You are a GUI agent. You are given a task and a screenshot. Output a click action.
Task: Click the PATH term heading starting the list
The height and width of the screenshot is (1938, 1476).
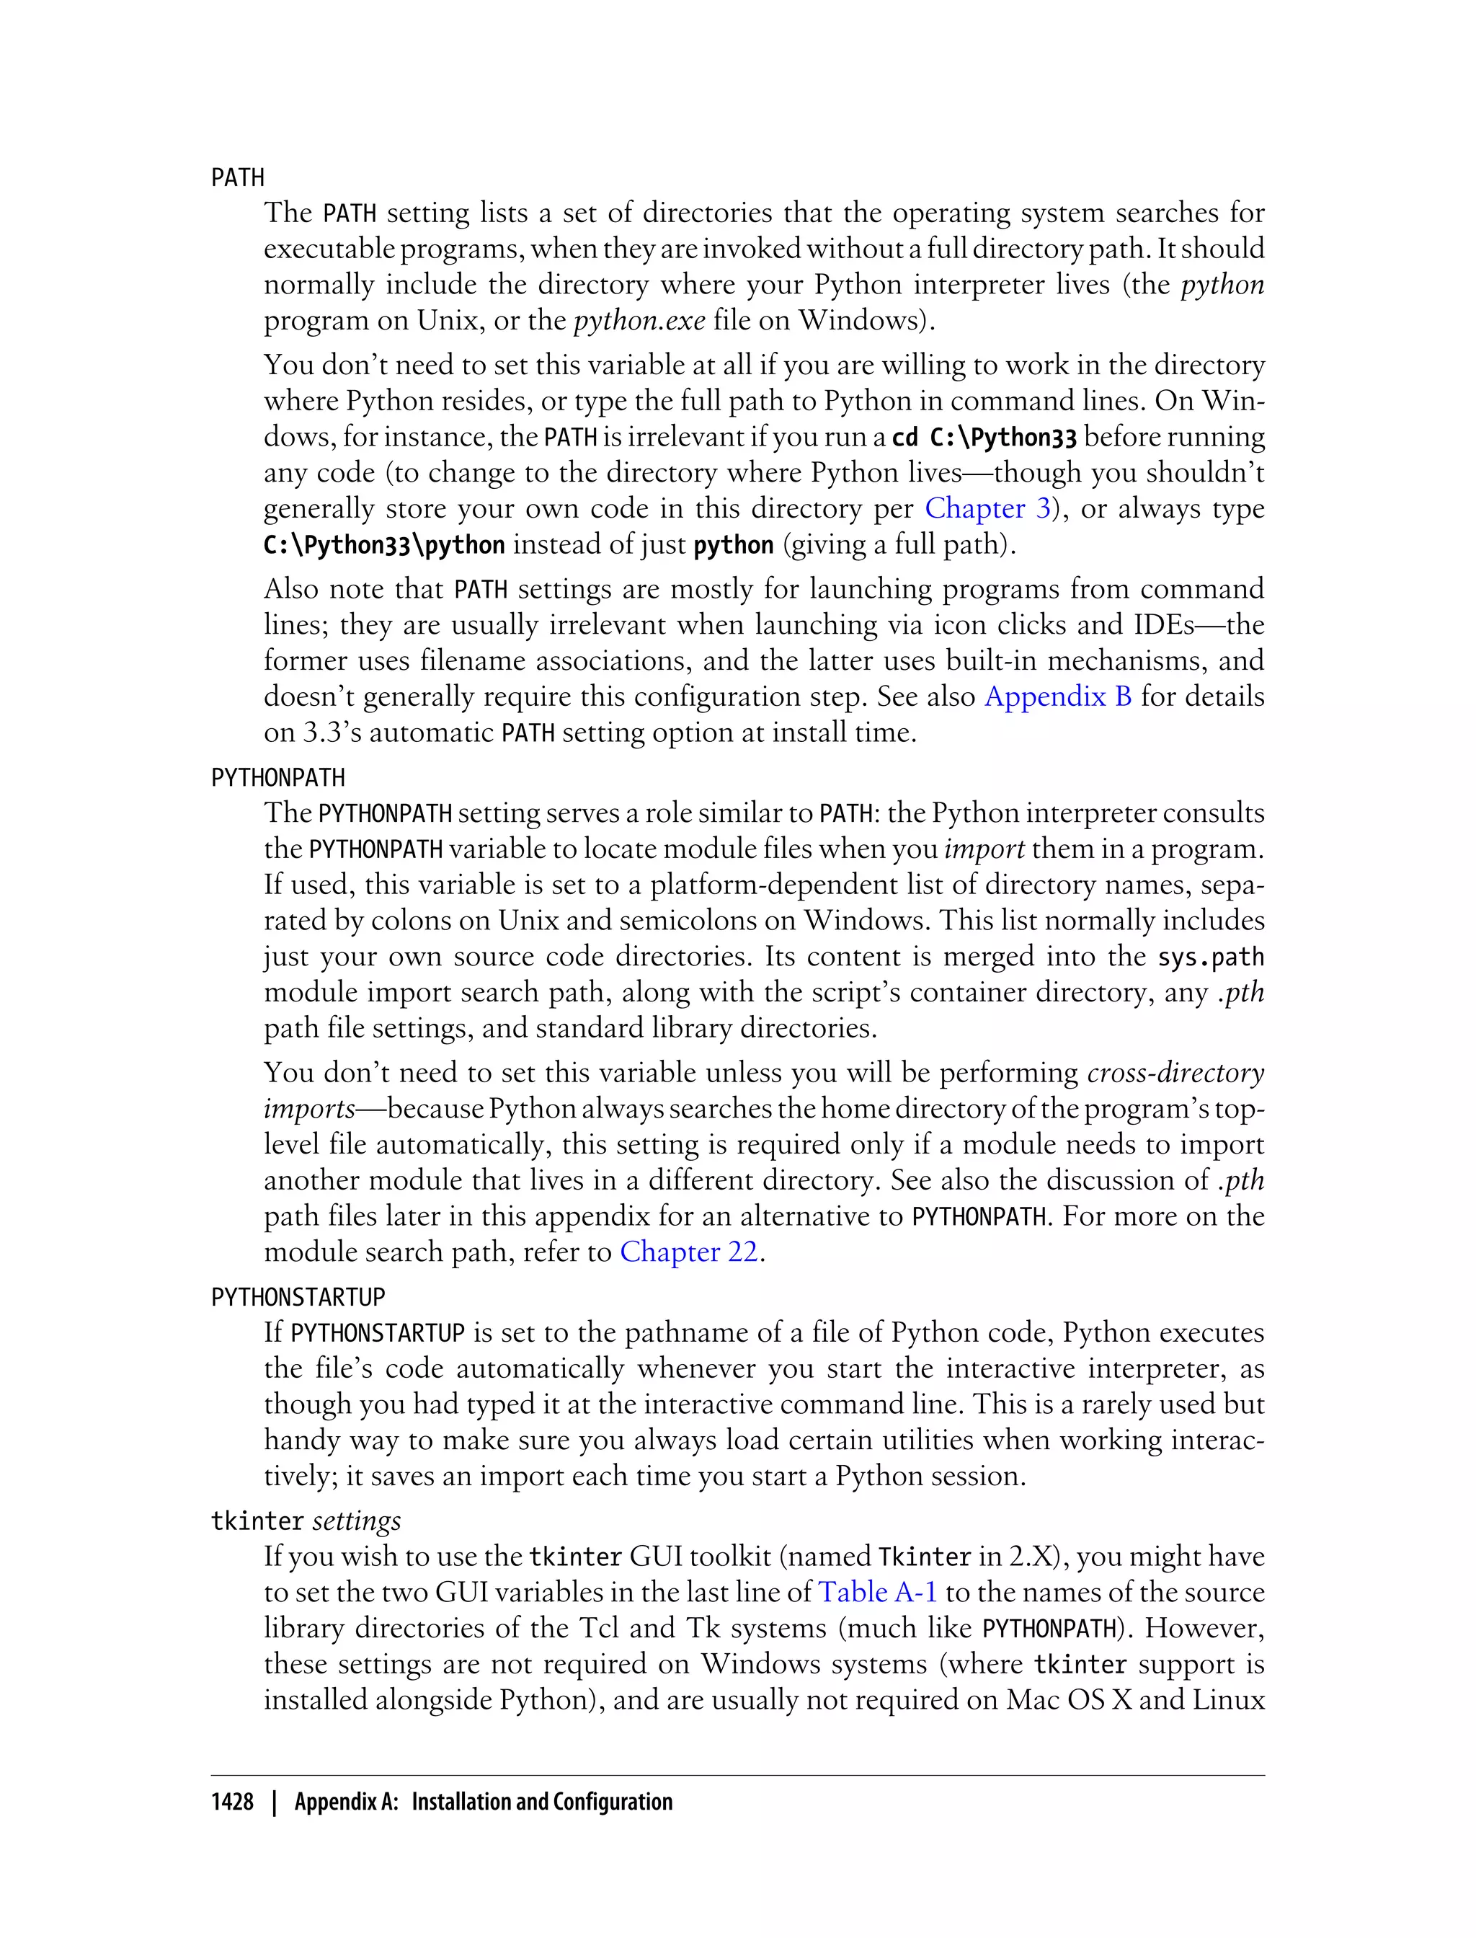click(x=237, y=177)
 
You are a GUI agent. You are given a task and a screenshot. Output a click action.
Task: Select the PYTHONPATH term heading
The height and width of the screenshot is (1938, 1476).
click(x=277, y=778)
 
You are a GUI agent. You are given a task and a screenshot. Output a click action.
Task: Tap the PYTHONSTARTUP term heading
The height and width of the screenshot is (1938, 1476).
click(x=298, y=1297)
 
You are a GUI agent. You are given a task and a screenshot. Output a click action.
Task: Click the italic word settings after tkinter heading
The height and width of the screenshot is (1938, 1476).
click(x=357, y=1521)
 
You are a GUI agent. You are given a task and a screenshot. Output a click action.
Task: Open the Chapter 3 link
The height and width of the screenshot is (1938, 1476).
click(x=987, y=509)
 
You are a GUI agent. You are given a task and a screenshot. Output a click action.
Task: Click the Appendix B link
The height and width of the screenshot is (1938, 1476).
click(x=1058, y=697)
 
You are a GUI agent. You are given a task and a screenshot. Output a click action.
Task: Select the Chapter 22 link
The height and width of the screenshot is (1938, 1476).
click(x=689, y=1252)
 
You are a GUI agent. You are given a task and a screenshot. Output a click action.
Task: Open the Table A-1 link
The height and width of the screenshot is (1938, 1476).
click(x=878, y=1593)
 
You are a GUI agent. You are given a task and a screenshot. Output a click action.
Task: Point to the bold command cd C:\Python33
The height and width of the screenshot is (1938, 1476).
click(x=984, y=437)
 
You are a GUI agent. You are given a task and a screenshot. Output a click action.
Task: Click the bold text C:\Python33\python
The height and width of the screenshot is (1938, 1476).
click(x=384, y=545)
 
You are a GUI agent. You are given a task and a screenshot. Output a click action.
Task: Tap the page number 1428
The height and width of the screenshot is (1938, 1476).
click(x=232, y=1802)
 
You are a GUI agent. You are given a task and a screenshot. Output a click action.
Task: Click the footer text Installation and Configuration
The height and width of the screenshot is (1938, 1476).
click(x=542, y=1802)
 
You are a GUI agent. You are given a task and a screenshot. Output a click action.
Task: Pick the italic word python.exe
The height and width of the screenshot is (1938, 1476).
click(x=639, y=321)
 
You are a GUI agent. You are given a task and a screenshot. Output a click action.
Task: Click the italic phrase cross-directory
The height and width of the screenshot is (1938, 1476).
click(x=1175, y=1073)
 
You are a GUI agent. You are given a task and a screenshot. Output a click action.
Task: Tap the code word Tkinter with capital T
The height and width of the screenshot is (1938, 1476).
click(x=924, y=1557)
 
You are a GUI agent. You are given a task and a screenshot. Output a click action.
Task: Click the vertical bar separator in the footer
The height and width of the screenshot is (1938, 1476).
click(x=274, y=1802)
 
